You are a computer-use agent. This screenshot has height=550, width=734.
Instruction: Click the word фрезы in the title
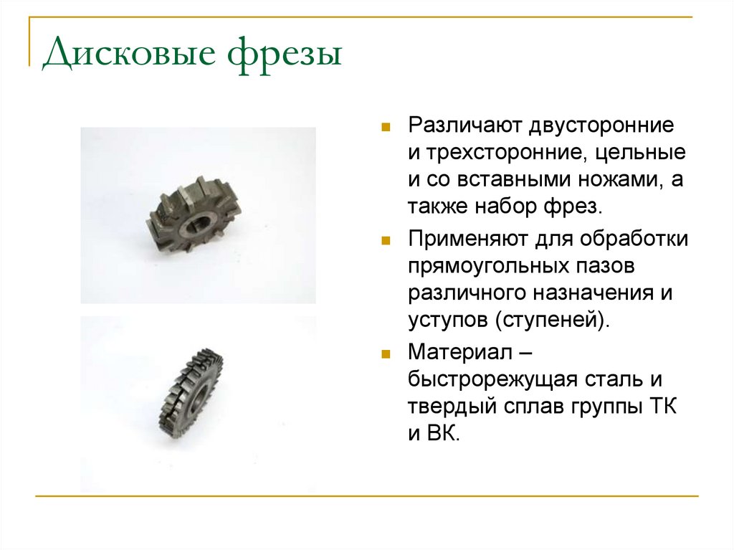click(x=287, y=55)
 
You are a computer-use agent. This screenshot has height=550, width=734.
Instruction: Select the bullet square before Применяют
click(x=386, y=238)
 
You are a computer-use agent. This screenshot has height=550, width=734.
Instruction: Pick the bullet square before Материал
click(x=386, y=353)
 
